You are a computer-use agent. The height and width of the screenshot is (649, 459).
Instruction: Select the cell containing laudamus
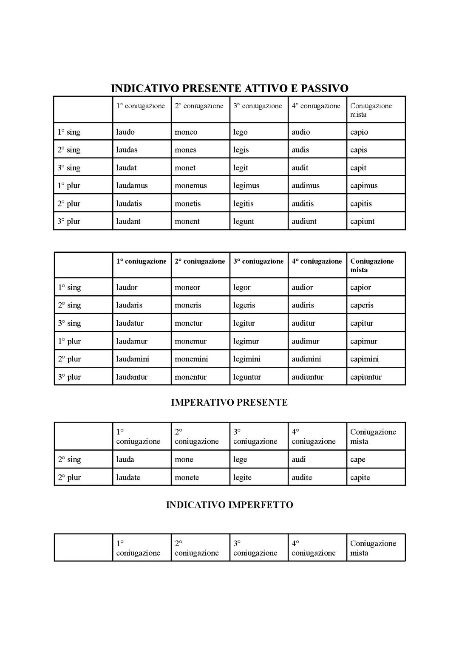[x=132, y=186]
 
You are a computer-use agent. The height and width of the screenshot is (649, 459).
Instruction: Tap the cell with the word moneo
[x=186, y=132]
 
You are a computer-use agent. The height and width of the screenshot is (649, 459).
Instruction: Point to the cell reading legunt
[x=244, y=221]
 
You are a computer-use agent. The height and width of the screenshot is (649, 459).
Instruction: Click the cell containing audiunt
[x=304, y=221]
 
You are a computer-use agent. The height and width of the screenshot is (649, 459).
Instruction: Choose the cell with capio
[x=359, y=132]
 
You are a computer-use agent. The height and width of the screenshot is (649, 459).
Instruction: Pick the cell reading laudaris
[x=129, y=305]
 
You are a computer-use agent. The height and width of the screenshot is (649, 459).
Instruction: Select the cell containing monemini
[x=191, y=359]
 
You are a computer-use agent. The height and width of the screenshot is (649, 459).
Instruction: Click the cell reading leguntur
[x=247, y=377]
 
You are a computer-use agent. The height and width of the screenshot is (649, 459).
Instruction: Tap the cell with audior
[x=302, y=288]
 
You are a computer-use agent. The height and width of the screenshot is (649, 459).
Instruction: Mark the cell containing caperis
[x=362, y=305]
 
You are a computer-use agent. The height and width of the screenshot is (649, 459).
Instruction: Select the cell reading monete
[x=187, y=477]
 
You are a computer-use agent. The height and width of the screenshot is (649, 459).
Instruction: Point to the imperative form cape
[x=358, y=460]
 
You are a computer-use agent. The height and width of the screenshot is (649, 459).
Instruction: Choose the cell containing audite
[x=302, y=477]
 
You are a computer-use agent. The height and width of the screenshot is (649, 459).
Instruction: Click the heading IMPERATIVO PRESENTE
[x=229, y=402]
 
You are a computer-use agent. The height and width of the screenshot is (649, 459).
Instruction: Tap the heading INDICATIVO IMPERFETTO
[x=229, y=505]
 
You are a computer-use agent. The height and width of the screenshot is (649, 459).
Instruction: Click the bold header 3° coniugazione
[x=258, y=261]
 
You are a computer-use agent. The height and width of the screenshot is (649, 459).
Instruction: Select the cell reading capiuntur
[x=366, y=377]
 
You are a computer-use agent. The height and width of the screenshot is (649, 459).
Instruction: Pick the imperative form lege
[x=240, y=460]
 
